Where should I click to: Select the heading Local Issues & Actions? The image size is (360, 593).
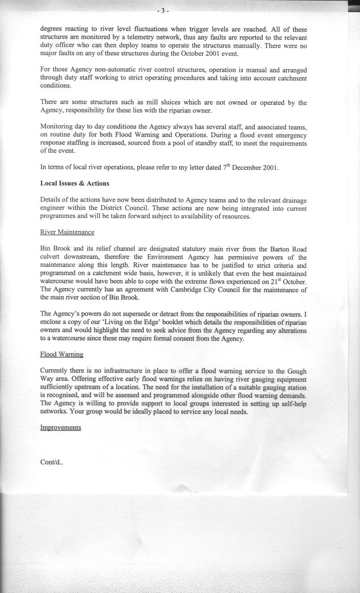[x=75, y=183]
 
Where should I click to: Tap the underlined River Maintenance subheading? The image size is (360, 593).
[x=67, y=232]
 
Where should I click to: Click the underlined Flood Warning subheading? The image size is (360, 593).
[x=62, y=354]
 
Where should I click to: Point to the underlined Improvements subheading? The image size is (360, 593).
[x=61, y=427]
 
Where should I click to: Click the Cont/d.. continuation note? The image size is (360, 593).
[x=52, y=462]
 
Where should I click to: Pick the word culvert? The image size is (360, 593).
[x=52, y=257]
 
